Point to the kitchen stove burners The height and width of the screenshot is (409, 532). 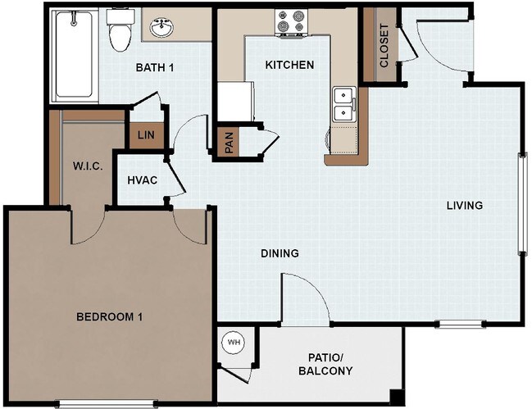[292, 23]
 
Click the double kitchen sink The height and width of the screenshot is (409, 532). [343, 104]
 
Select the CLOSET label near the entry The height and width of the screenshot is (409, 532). [384, 45]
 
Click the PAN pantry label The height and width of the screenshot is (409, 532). [229, 144]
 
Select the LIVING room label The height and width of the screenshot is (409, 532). [464, 205]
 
